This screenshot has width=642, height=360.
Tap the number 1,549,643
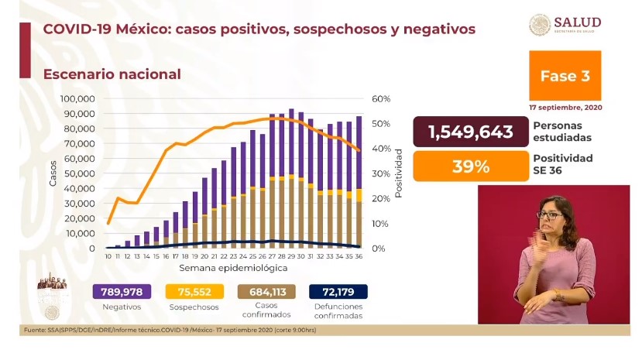coord(471,132)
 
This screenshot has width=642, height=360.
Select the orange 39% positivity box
coord(471,166)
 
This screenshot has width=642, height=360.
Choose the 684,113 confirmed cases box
coord(268,292)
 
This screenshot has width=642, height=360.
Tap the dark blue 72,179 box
coord(338,292)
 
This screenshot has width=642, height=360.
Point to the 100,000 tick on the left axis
coord(76,99)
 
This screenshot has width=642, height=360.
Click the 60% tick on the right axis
coord(381,99)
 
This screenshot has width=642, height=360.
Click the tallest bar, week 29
coord(290,178)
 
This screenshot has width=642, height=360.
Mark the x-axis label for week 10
coord(108,256)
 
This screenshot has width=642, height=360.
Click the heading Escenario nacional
coord(112,74)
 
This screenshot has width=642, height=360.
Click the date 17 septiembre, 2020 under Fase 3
coord(565,107)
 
